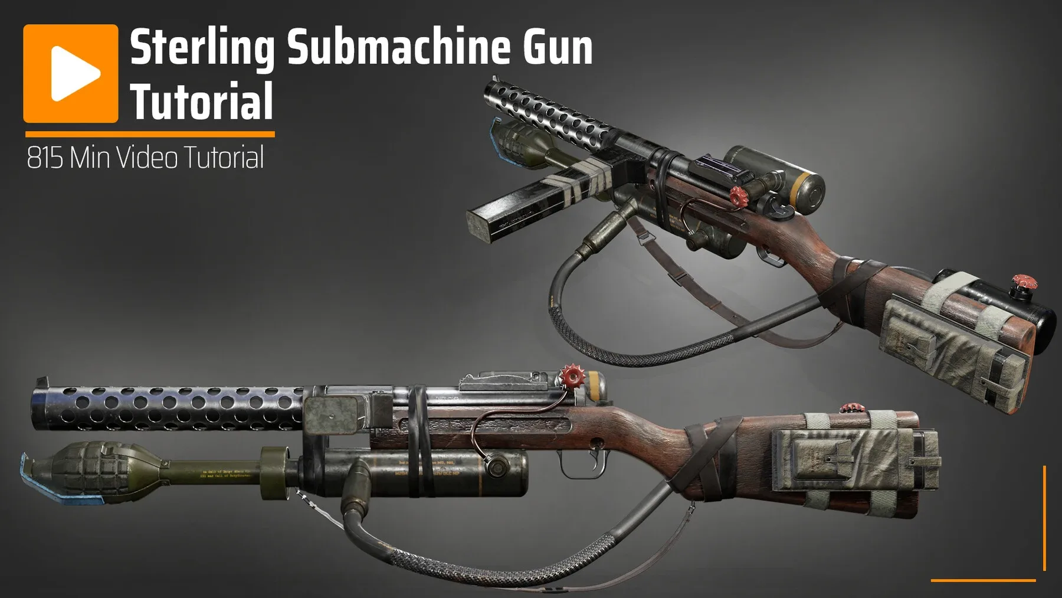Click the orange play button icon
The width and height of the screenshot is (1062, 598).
(71, 73)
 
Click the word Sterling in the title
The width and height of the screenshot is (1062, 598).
(202, 49)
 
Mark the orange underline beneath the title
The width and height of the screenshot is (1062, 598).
(149, 135)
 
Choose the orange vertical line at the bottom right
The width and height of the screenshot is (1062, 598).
(1044, 518)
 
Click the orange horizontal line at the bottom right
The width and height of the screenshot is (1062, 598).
(983, 580)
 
